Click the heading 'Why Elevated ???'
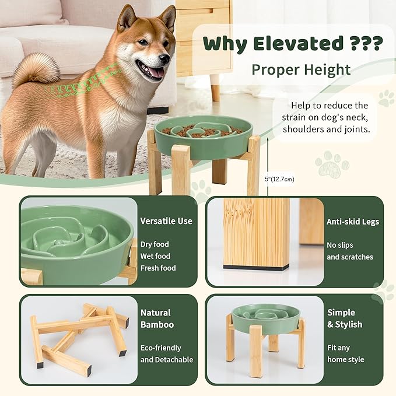[292, 43]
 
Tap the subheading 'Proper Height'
[300, 70]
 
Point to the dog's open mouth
[154, 72]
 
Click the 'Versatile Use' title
[166, 221]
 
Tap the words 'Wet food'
[155, 256]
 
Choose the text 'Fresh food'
[158, 268]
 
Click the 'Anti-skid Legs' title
[353, 221]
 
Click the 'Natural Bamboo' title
[157, 318]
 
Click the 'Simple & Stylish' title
[345, 318]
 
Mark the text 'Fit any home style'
[345, 354]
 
